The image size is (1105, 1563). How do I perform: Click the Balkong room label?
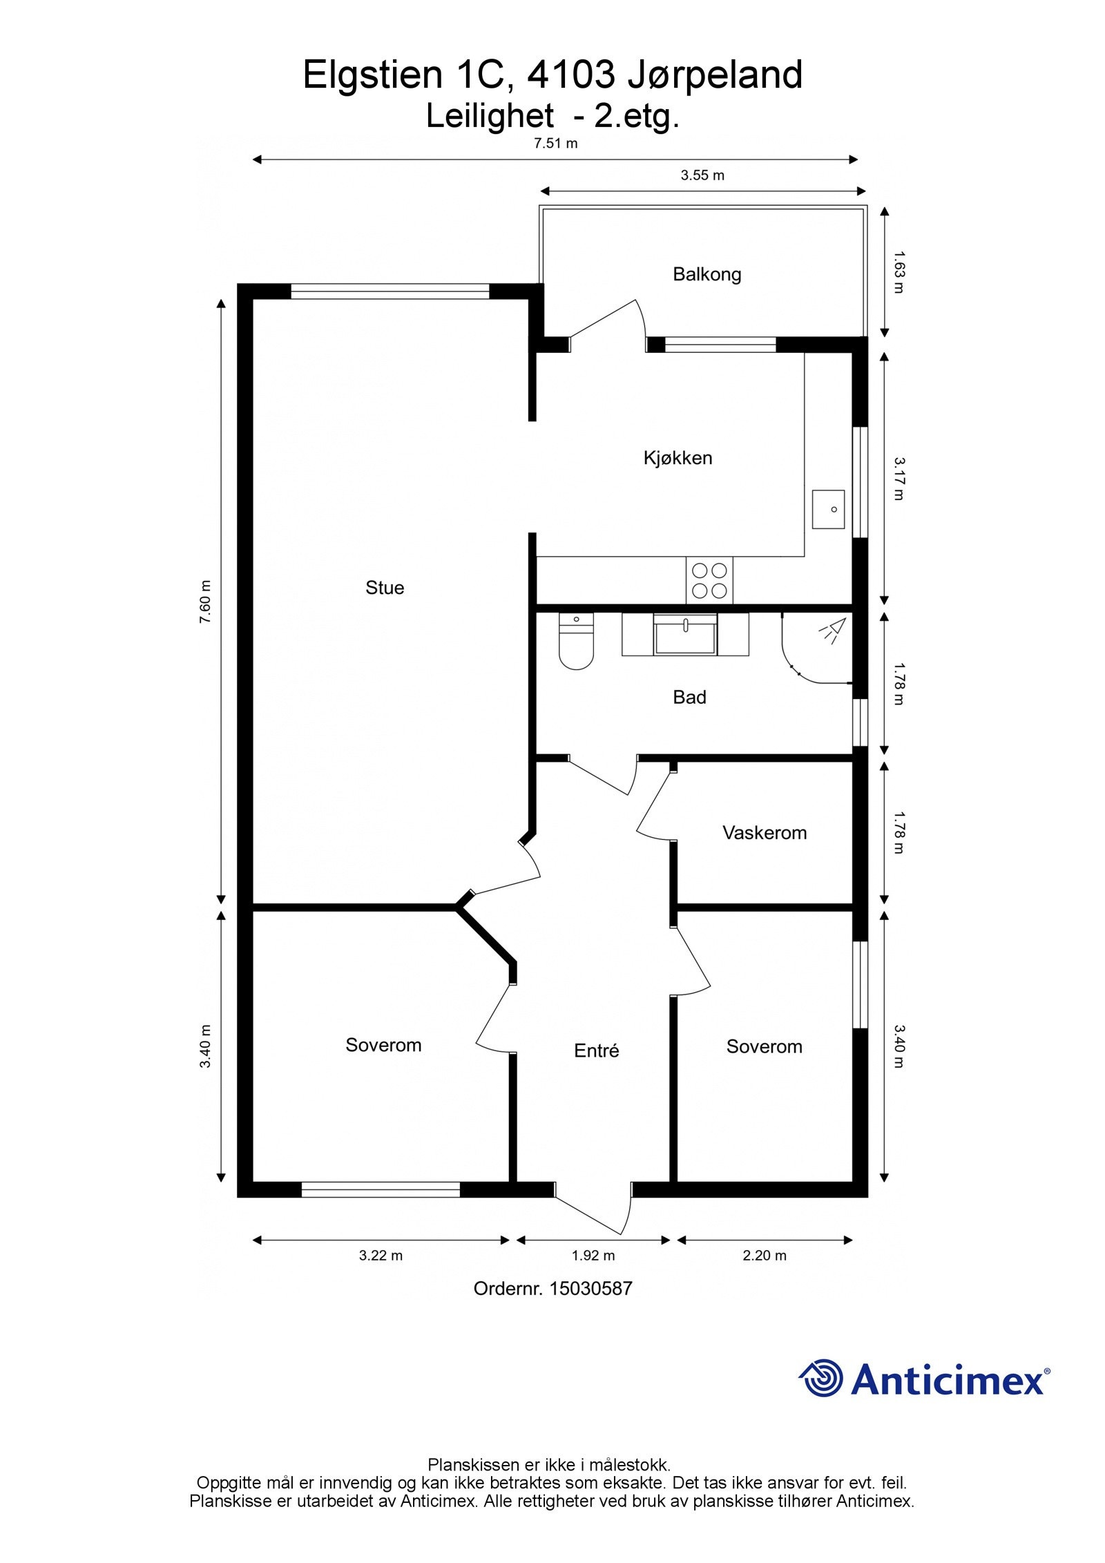707,274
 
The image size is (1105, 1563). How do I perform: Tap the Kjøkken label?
678,458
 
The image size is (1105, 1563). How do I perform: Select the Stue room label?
385,588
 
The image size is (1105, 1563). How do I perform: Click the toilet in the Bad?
576,642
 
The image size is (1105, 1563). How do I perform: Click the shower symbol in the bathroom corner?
833,630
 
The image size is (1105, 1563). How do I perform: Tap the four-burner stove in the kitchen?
709,580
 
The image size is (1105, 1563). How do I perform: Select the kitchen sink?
828,509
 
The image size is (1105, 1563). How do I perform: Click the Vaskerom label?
765,833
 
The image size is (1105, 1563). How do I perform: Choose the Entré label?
596,1051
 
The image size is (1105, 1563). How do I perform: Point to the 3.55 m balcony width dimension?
702,175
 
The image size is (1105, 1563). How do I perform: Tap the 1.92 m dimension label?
593,1256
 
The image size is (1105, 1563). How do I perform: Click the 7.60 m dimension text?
206,602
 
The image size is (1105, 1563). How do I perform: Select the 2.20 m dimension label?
765,1256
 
